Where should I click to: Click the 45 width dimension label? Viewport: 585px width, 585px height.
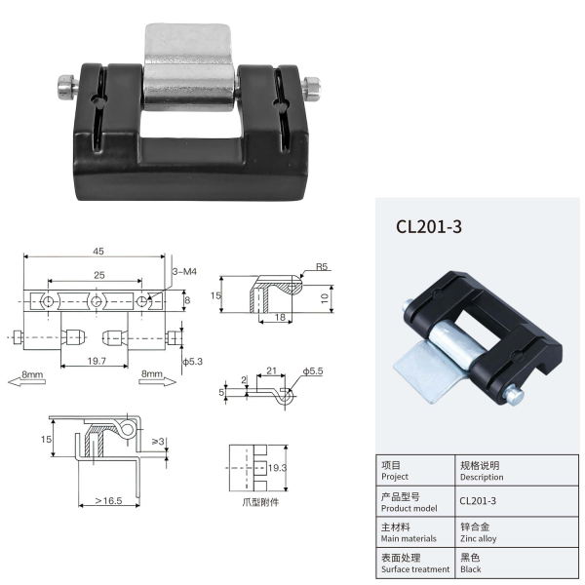(98, 252)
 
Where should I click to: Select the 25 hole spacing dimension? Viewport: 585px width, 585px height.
(99, 275)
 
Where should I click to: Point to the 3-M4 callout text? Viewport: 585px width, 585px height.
(184, 272)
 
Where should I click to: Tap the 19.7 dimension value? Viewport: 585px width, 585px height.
(97, 361)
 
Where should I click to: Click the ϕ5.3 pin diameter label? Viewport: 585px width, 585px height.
(192, 361)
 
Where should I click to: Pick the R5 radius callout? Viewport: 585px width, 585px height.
(322, 266)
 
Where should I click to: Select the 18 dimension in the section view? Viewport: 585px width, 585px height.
(280, 317)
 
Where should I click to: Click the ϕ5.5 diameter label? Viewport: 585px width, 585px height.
(313, 371)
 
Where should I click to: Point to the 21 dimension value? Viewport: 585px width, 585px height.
(272, 370)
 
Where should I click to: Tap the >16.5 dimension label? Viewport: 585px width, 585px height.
(108, 501)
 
